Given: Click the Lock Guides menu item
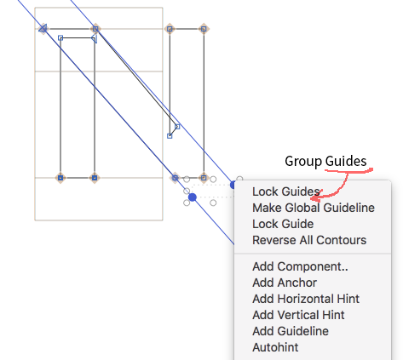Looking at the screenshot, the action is pyautogui.click(x=286, y=191).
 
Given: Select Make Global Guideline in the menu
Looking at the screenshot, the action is pyautogui.click(x=314, y=208).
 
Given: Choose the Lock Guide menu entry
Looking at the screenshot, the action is pyautogui.click(x=283, y=224).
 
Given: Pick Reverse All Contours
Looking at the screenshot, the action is pyautogui.click(x=309, y=240).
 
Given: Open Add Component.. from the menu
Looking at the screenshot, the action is pyautogui.click(x=300, y=266).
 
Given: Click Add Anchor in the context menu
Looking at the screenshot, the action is pyautogui.click(x=285, y=283).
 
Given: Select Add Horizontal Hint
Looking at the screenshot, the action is pyautogui.click(x=306, y=299).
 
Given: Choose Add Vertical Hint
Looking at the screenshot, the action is pyautogui.click(x=298, y=315).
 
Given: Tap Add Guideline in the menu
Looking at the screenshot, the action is pyautogui.click(x=291, y=331).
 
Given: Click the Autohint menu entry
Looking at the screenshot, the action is pyautogui.click(x=275, y=347).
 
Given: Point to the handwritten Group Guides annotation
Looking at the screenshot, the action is pyautogui.click(x=325, y=161).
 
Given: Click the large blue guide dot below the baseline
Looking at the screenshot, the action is pyautogui.click(x=193, y=197).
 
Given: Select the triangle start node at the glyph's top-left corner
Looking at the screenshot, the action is pyautogui.click(x=43, y=28).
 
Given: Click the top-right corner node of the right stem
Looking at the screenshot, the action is pyautogui.click(x=204, y=29).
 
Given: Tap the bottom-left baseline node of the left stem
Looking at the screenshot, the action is pyautogui.click(x=60, y=178).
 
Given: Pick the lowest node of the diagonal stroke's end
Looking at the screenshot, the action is pyautogui.click(x=170, y=136).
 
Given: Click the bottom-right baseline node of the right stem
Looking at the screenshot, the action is pyautogui.click(x=204, y=178).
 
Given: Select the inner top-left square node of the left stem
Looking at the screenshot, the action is pyautogui.click(x=60, y=37).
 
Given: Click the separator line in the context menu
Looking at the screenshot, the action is pyautogui.click(x=313, y=253).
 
